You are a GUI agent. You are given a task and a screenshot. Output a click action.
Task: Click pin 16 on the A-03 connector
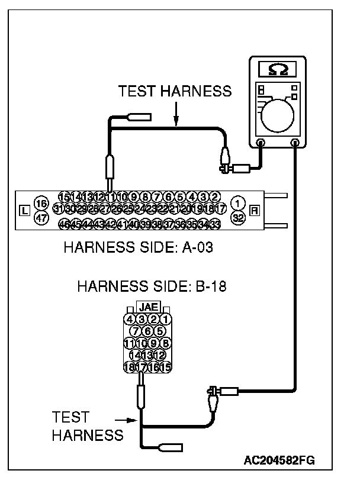pos(41,203)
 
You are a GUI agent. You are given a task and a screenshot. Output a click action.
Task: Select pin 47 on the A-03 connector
pos(41,217)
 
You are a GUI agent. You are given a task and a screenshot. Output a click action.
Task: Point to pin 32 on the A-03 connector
pos(237,217)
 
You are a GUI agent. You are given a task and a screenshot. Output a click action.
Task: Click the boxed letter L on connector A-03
pos(24,210)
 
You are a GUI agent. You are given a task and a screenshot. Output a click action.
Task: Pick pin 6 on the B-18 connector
pos(147,331)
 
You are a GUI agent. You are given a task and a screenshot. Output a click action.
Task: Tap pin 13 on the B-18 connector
pos(147,355)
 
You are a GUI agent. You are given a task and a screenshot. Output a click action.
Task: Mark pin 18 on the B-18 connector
pos(130,368)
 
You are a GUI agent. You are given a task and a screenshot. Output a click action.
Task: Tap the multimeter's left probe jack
pos(261,142)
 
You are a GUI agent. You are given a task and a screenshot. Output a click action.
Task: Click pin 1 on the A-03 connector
pos(237,203)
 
